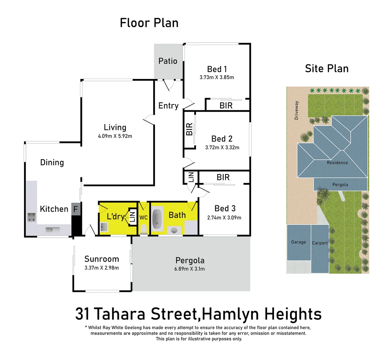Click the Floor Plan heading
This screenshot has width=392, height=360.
pos(149,23)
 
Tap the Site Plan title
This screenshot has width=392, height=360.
pos(326,69)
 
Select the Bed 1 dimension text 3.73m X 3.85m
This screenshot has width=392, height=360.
pos(216,77)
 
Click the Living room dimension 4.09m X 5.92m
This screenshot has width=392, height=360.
pos(115,136)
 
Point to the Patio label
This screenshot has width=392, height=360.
pos(168,61)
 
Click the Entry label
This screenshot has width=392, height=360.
pos(168,106)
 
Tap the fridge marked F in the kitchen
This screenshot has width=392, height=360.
pos(76,209)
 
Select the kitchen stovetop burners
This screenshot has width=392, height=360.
pos(32,217)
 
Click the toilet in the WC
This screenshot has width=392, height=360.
pos(144,229)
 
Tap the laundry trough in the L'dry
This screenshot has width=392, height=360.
pos(103,227)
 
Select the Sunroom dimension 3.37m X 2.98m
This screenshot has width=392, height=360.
pos(102,268)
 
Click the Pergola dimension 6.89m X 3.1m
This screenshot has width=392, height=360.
pos(190,269)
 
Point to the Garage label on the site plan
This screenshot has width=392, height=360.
pos(298,242)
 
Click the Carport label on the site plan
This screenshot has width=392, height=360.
pos(319,243)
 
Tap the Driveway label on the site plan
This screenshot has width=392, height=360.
pos(296,110)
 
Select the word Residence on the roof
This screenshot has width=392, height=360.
pos(337,163)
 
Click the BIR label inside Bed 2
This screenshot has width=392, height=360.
pos(189,129)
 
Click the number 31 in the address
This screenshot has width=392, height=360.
pos(82,314)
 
